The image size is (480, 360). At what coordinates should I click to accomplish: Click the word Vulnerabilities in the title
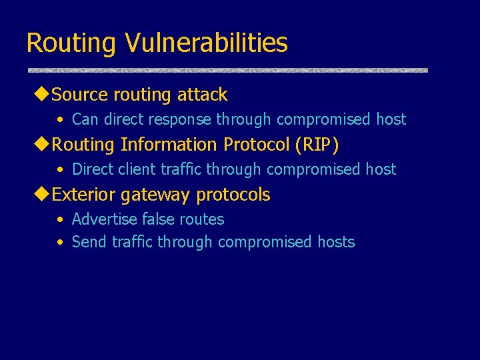(205, 43)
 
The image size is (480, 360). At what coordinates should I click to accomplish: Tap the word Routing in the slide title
(71, 43)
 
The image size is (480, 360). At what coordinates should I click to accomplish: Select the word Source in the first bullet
(79, 95)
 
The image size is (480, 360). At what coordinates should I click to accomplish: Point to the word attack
(203, 95)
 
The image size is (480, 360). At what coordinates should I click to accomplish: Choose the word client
(135, 169)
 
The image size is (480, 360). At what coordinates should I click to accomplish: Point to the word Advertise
(105, 219)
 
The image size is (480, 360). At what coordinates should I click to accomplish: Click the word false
(159, 219)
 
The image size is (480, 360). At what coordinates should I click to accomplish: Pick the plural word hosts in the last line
(336, 242)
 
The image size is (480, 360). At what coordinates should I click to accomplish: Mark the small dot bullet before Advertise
(60, 220)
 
